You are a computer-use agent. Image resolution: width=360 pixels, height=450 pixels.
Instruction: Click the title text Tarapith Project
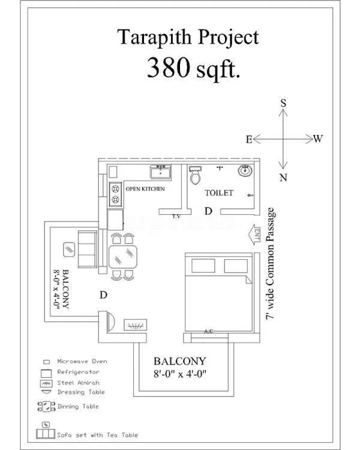coord(188,37)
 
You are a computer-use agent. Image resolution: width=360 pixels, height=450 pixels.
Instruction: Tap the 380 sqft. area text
coord(193,68)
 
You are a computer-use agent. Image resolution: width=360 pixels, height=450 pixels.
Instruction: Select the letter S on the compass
coord(283,103)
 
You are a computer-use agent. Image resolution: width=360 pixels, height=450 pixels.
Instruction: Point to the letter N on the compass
coord(283,178)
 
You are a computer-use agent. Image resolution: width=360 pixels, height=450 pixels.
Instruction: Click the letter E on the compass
coord(248,139)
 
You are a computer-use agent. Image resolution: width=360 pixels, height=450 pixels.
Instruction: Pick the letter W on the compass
coord(318,139)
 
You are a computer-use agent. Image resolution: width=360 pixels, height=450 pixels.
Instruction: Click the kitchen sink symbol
coord(161,173)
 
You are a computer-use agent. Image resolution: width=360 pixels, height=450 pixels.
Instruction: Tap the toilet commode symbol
coord(195,176)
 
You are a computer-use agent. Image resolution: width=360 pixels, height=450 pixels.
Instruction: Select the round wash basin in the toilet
coord(245,172)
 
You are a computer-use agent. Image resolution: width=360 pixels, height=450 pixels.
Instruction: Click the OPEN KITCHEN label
coord(145,189)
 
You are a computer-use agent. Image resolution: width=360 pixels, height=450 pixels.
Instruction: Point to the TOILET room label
coord(218,193)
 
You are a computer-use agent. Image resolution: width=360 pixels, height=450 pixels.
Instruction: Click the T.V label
coord(176,216)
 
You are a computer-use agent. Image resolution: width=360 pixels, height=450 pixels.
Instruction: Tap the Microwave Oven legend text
coord(82,361)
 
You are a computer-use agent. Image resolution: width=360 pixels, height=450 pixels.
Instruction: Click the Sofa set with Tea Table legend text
coord(98,434)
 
